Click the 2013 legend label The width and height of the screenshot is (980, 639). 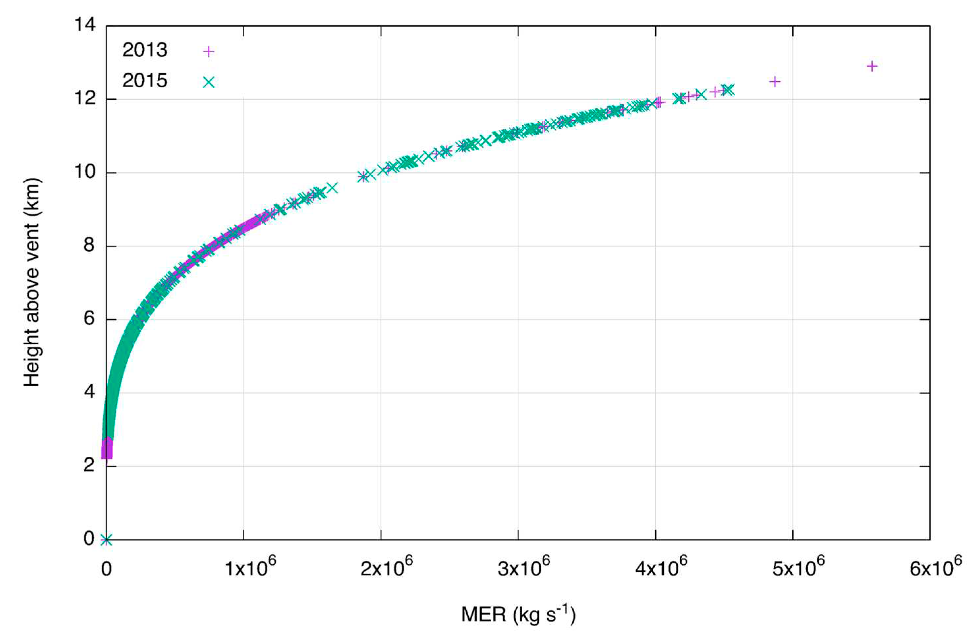pyautogui.click(x=145, y=50)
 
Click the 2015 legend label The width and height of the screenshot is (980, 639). pyautogui.click(x=145, y=81)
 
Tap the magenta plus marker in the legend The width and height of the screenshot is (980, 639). pyautogui.click(x=209, y=51)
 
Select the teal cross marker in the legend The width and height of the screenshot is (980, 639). pyautogui.click(x=209, y=82)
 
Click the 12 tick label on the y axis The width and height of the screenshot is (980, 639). pyautogui.click(x=85, y=99)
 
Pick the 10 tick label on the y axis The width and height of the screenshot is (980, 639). pyautogui.click(x=85, y=172)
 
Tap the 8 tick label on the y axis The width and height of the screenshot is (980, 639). pyautogui.click(x=89, y=246)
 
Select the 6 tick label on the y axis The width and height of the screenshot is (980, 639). pyautogui.click(x=89, y=319)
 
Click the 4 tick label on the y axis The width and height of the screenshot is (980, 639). pyautogui.click(x=89, y=393)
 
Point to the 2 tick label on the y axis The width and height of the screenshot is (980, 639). pyautogui.click(x=89, y=466)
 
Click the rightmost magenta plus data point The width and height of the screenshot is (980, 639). pyautogui.click(x=872, y=66)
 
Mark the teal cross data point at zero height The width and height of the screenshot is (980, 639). pyautogui.click(x=106, y=540)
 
